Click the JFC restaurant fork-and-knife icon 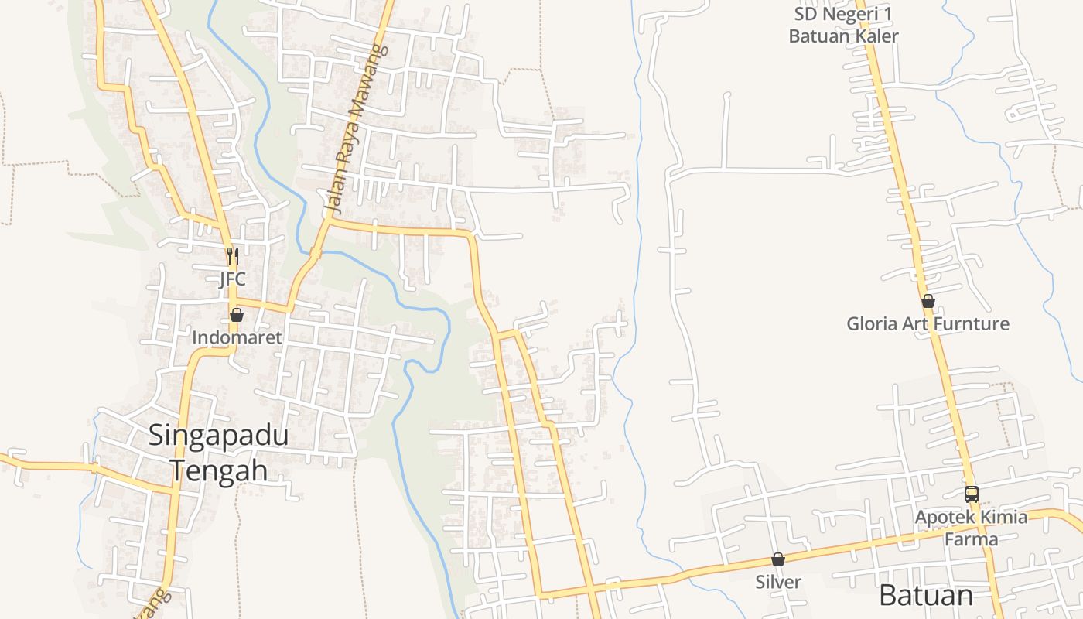tap(232, 255)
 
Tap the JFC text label tap(232, 279)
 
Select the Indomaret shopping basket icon tap(237, 315)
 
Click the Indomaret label tap(237, 338)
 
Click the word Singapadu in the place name tap(218, 435)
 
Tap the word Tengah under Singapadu tap(218, 470)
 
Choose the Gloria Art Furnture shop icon tap(928, 301)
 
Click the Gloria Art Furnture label tap(928, 323)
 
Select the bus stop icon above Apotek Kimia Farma tap(971, 494)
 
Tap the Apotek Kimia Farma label tap(971, 527)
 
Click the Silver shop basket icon tap(778, 559)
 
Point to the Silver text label tap(778, 582)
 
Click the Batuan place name tap(926, 595)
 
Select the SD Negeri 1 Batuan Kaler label tap(843, 25)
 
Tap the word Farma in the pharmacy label tap(971, 539)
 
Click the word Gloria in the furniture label tap(872, 323)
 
